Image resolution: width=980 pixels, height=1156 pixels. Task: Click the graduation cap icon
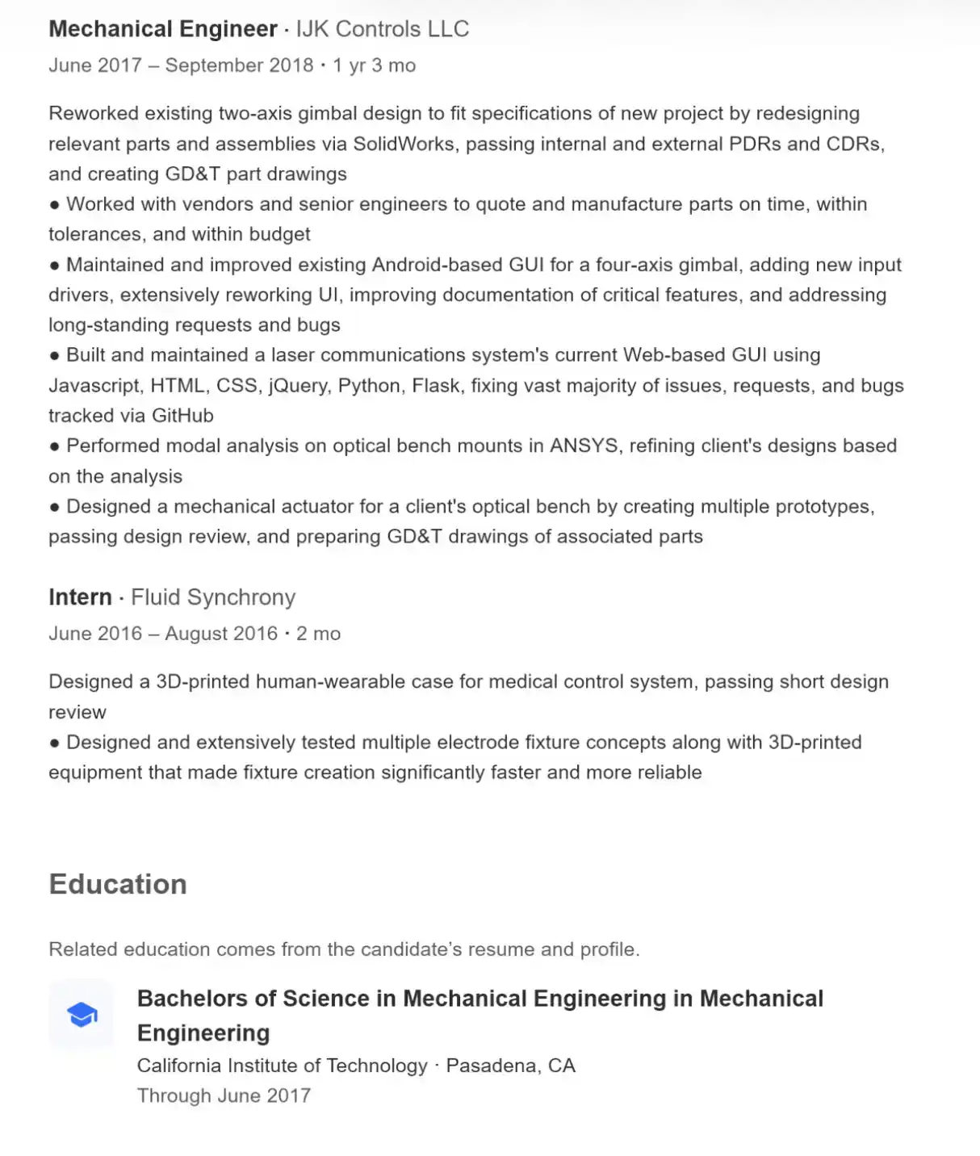[x=82, y=1014]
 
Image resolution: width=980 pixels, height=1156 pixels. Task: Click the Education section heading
[x=118, y=884]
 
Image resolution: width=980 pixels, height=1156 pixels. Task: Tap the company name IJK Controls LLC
[x=383, y=29]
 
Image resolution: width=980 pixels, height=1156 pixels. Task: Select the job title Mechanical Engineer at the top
[x=163, y=29]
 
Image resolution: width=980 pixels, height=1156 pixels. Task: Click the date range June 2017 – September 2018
[x=181, y=65]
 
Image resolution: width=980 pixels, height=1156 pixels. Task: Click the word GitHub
[x=183, y=416]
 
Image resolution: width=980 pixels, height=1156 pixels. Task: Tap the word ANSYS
[x=584, y=446]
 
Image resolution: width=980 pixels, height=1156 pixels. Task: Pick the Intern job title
[x=80, y=597]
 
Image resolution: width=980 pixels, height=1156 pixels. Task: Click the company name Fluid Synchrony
[x=213, y=597]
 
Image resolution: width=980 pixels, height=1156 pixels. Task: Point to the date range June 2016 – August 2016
[x=163, y=634]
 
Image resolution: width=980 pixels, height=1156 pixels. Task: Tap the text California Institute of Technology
[x=282, y=1066]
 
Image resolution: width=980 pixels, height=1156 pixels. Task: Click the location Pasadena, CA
[x=510, y=1066]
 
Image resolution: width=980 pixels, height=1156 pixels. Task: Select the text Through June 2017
[x=224, y=1095]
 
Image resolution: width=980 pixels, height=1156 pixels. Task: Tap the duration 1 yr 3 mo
[x=374, y=65]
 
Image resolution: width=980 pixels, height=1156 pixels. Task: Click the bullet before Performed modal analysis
[x=55, y=446]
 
